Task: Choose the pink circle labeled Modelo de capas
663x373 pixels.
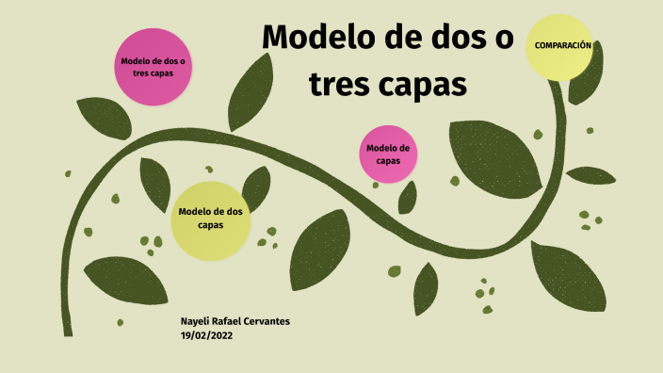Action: (388, 154)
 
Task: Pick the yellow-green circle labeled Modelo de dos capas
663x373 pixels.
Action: (210, 220)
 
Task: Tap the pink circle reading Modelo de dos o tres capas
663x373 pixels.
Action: (153, 66)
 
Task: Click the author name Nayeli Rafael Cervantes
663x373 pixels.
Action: (234, 321)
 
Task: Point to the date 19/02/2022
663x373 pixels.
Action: (206, 334)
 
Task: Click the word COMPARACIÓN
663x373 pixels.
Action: (562, 45)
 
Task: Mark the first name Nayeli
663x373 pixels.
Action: (196, 321)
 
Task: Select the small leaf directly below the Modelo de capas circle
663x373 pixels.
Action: (407, 198)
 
